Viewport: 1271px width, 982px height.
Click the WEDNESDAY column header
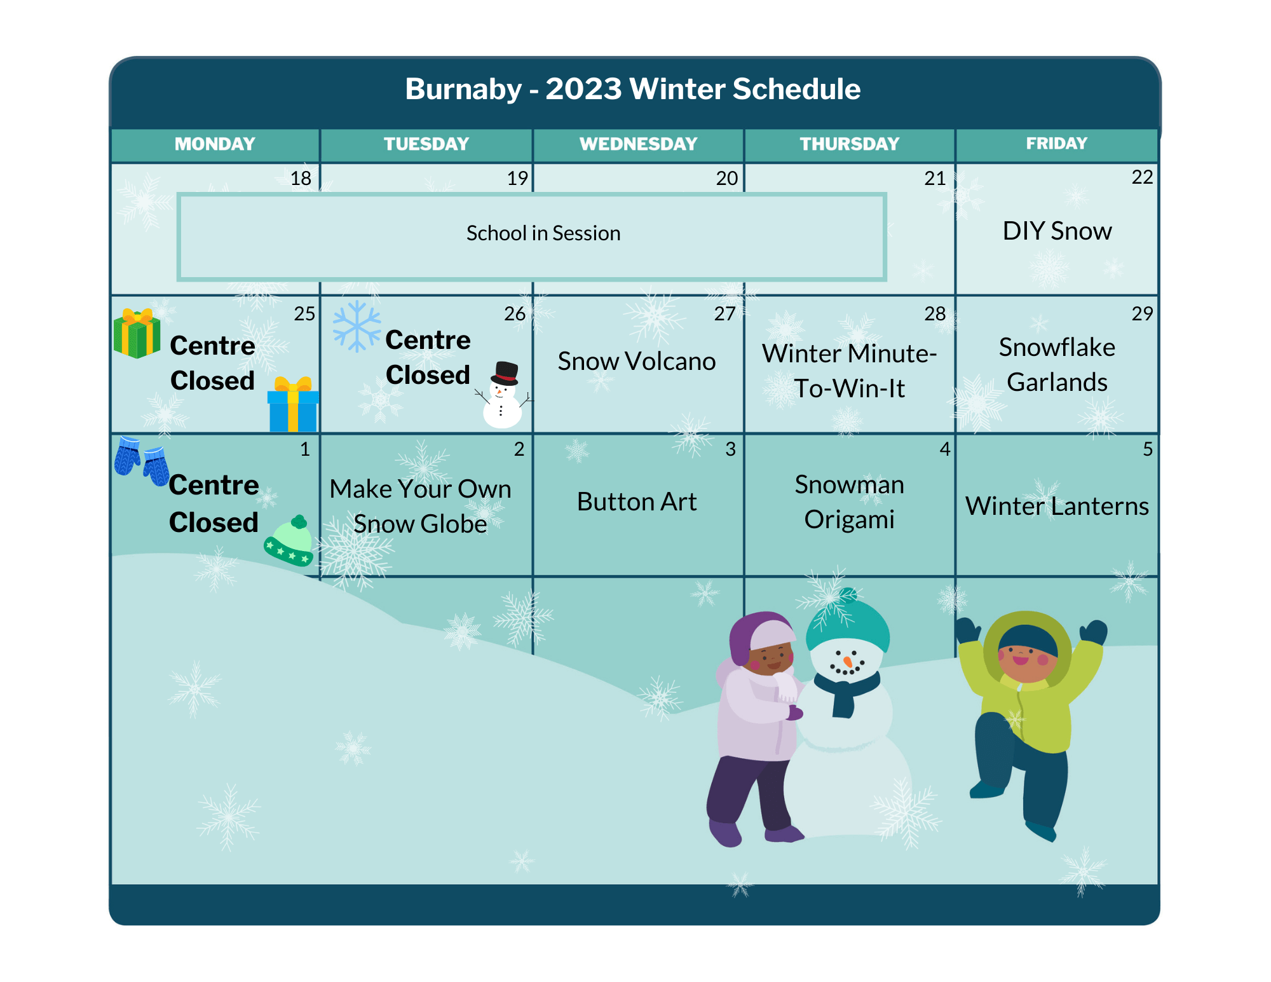pos(638,144)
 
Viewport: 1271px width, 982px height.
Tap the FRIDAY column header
pos(1056,144)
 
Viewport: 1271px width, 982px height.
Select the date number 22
pos(1142,177)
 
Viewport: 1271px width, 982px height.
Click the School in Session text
pos(543,233)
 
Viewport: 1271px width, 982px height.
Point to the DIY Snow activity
pos(1057,231)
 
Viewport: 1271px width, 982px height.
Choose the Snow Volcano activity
pos(637,361)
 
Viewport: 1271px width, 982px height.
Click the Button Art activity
pos(637,501)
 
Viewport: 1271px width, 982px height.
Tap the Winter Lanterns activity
pos(1057,506)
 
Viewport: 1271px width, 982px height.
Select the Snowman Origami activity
pos(850,501)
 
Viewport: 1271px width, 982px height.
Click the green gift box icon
pos(137,333)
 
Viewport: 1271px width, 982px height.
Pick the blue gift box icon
pos(293,404)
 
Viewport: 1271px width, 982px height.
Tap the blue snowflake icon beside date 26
pos(357,326)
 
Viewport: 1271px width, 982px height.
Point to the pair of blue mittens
pos(142,461)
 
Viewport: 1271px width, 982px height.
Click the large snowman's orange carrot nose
pos(848,662)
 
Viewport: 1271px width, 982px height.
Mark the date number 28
pos(935,313)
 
